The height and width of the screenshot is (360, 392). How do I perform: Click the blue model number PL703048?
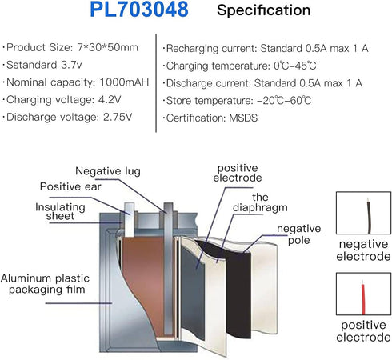(139, 10)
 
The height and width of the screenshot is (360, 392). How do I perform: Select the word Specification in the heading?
(263, 10)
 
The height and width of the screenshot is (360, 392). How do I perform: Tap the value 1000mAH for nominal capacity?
(124, 82)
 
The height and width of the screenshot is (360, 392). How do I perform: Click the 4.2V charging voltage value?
(110, 100)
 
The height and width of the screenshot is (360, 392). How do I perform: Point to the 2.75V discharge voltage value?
(118, 117)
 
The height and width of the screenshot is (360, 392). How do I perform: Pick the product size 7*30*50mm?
(108, 47)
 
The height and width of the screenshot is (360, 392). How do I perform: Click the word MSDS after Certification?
(243, 118)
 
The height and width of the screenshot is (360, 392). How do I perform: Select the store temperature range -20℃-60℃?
(284, 101)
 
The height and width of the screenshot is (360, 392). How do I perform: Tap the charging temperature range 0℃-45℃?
(295, 66)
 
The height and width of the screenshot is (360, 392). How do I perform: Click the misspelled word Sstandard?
(32, 65)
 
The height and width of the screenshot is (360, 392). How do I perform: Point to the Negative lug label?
(108, 171)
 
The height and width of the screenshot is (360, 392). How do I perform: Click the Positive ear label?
(70, 186)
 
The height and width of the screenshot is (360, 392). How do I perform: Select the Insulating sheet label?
(60, 211)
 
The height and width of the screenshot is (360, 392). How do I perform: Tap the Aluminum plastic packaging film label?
(46, 284)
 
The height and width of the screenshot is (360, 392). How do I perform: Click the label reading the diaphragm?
(260, 202)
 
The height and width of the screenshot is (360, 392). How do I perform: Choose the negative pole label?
(299, 234)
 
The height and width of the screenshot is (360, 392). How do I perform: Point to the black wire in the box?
(369, 215)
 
